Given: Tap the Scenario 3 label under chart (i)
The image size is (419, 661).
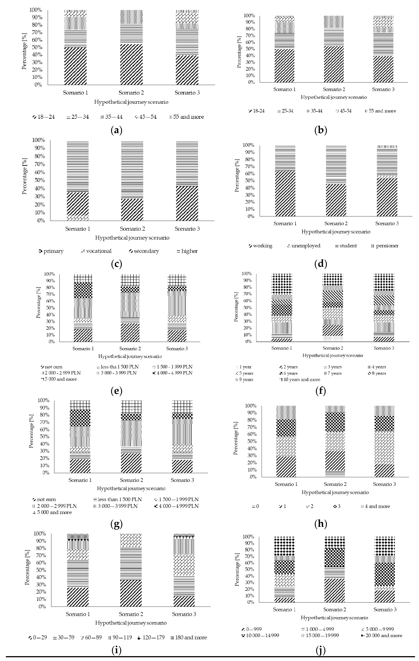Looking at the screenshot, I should click(184, 614).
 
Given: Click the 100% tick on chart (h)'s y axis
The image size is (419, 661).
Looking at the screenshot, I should click(251, 406).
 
